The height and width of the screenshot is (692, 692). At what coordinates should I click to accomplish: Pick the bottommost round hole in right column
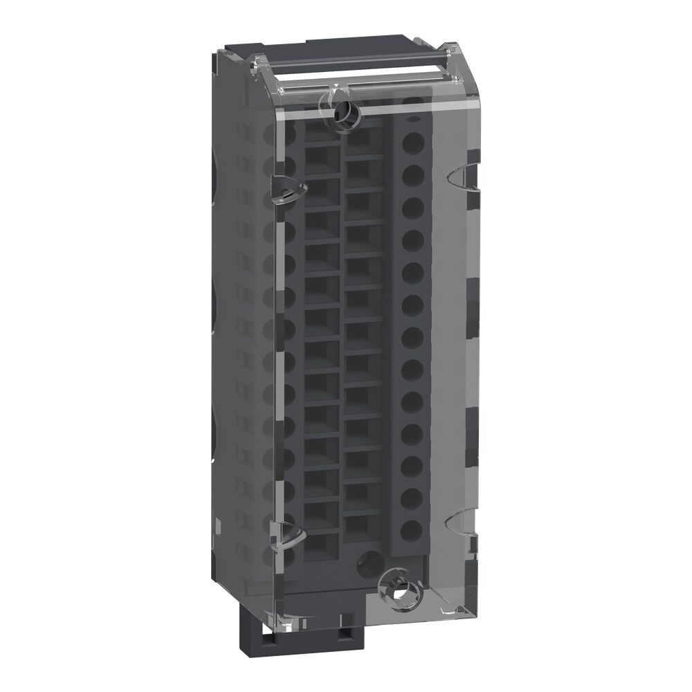[412, 529]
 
